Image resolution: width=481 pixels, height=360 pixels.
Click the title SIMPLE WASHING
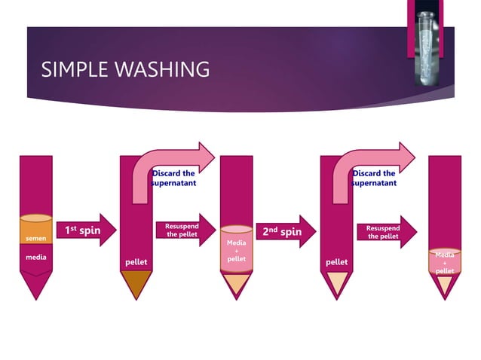[126, 69]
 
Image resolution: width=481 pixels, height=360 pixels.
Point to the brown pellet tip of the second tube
[136, 283]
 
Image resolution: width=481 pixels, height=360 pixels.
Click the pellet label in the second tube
[136, 261]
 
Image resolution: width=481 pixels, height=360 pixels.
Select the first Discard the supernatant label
[174, 178]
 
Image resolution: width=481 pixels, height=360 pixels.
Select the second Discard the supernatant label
[375, 178]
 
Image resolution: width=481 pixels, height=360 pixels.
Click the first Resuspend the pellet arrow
[183, 230]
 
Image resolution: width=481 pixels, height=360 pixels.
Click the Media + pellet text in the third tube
[236, 251]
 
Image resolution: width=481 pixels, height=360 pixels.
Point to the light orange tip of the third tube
[237, 284]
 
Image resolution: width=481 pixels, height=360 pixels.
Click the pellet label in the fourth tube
[337, 261]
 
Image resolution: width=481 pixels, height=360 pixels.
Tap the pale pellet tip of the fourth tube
[337, 283]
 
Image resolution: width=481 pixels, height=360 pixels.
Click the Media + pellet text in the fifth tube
[445, 262]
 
